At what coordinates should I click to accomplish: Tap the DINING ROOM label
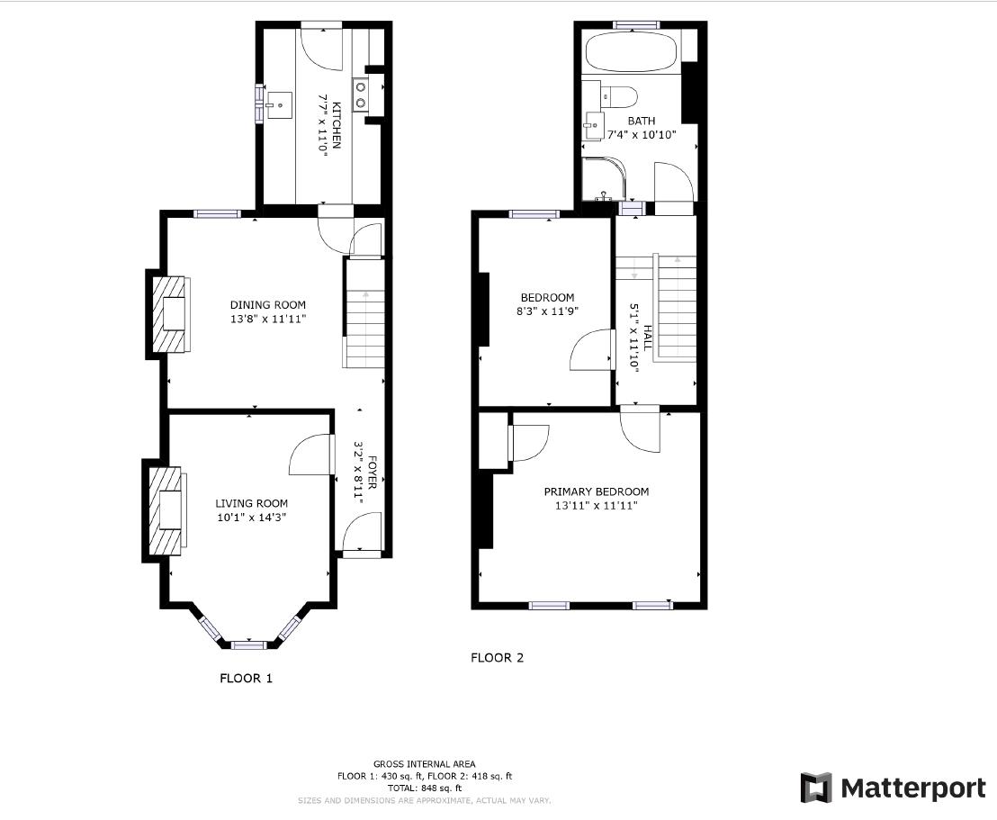(267, 305)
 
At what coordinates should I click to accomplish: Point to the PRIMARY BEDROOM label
(596, 491)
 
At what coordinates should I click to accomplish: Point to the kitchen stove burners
(361, 95)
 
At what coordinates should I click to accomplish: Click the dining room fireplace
(172, 313)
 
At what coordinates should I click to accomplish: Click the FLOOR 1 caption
(246, 679)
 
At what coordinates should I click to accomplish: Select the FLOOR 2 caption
(497, 658)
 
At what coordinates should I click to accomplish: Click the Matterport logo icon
(815, 788)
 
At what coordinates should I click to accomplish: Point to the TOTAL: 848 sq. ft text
(425, 788)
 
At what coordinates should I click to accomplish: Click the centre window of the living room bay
(248, 644)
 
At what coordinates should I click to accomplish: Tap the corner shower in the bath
(601, 178)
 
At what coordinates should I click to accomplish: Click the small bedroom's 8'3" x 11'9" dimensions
(547, 311)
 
